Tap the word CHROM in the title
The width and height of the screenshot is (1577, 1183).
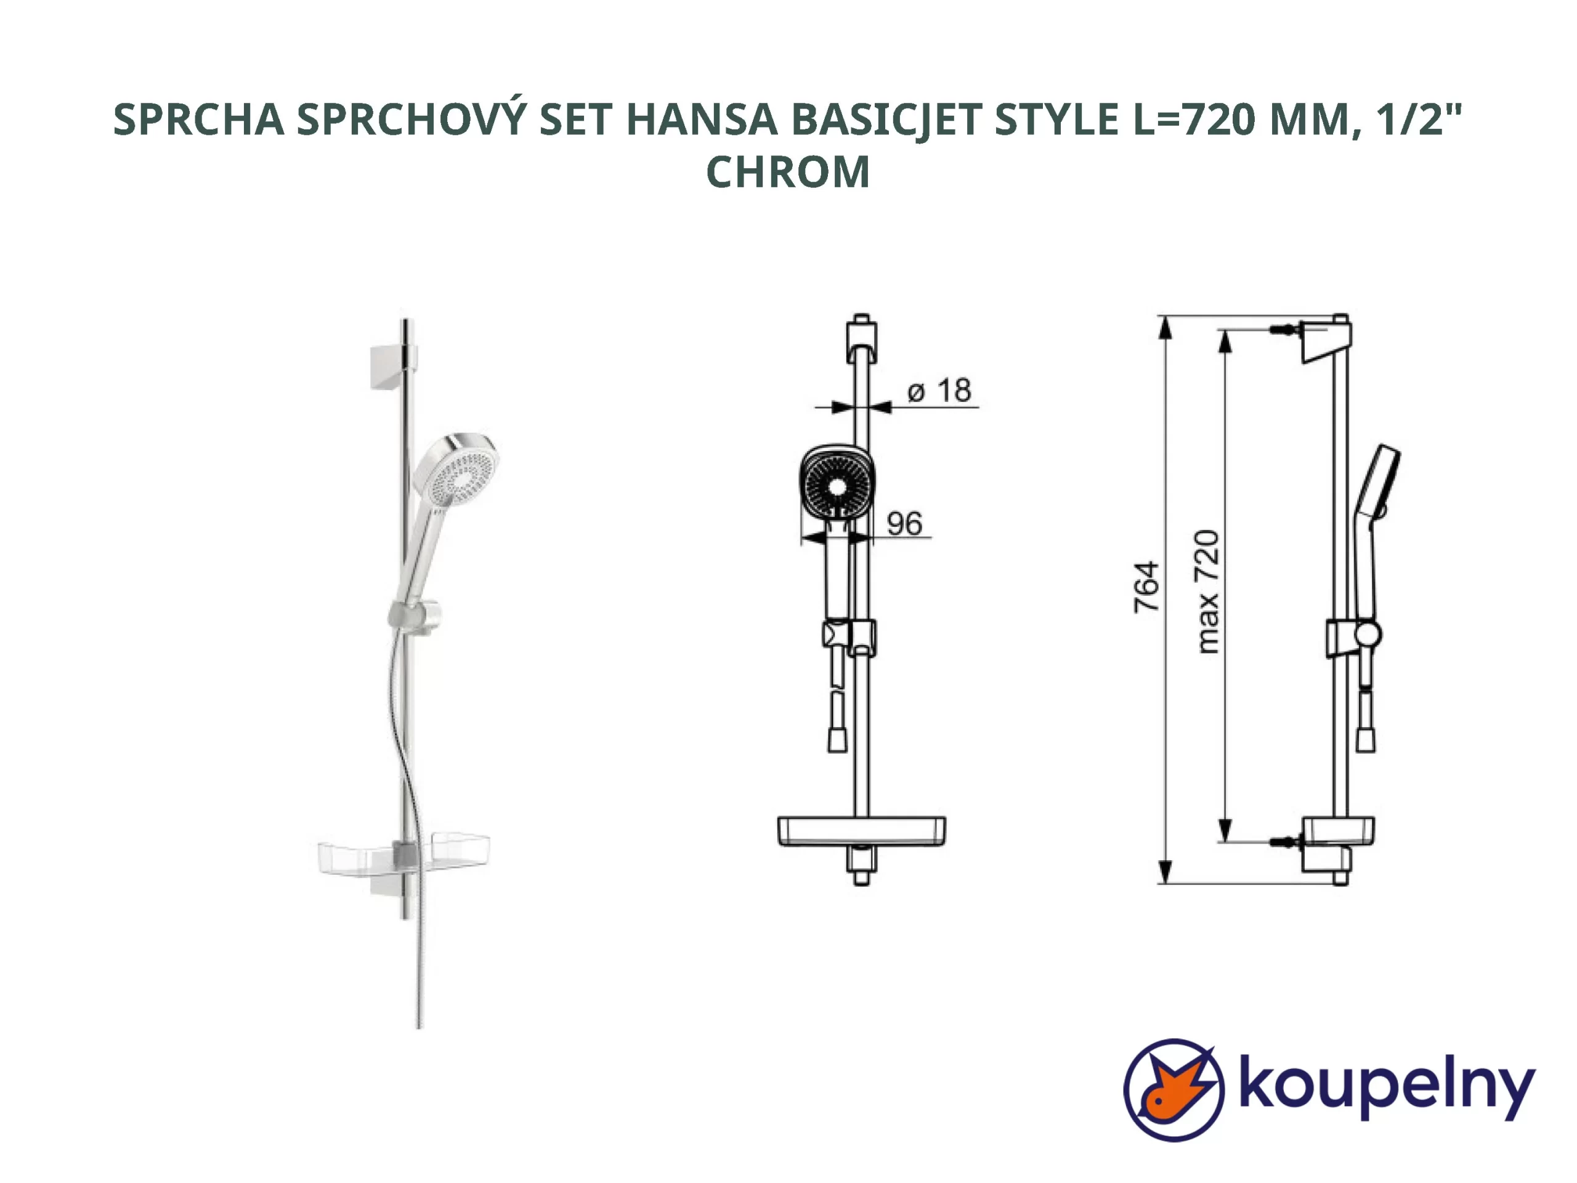click(788, 173)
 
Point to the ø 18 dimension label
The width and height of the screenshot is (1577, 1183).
click(939, 391)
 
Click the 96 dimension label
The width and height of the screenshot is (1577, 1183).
click(904, 524)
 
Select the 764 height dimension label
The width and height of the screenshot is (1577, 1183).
click(1146, 587)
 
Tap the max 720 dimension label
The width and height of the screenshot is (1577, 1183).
click(1207, 592)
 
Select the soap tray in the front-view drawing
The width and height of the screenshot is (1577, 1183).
click(861, 831)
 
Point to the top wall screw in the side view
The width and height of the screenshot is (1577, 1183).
click(1284, 330)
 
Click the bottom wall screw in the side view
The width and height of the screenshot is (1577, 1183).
click(1284, 842)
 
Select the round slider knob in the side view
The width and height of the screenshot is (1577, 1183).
click(1368, 634)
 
